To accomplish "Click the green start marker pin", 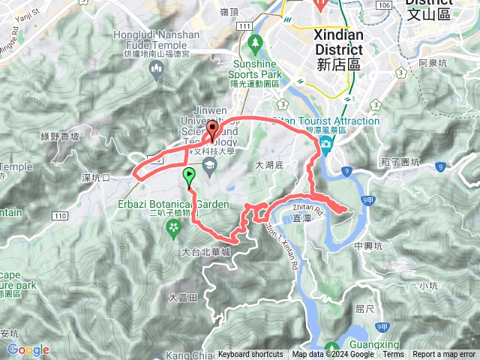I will coord(189,176).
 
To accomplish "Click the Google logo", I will coord(28,349).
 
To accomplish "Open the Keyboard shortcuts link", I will coord(250,355).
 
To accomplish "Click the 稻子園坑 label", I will coord(420,161).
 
